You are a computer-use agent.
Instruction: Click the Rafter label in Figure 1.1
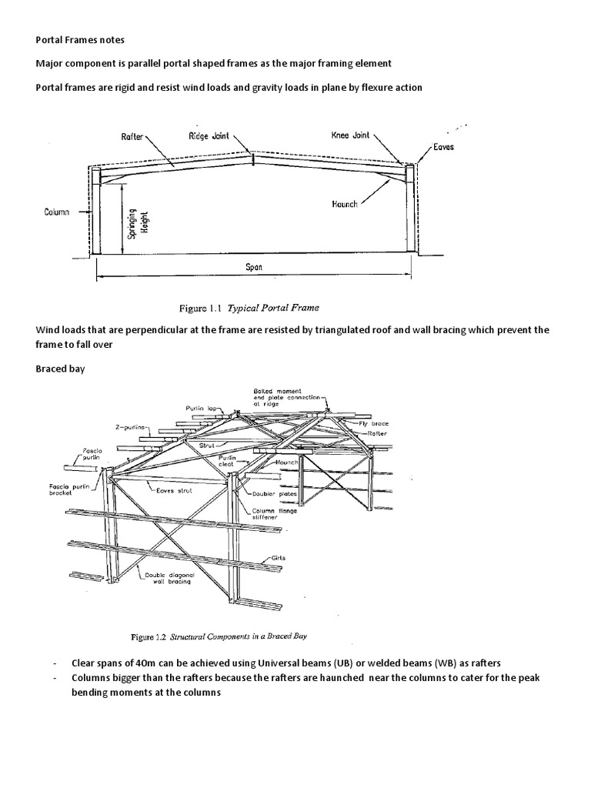(132, 135)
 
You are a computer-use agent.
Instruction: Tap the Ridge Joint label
(209, 135)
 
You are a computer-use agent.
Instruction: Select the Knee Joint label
(350, 135)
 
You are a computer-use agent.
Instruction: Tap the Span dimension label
(254, 268)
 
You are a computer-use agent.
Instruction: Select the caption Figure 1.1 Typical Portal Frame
(248, 309)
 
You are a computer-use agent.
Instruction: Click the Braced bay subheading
(61, 369)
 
